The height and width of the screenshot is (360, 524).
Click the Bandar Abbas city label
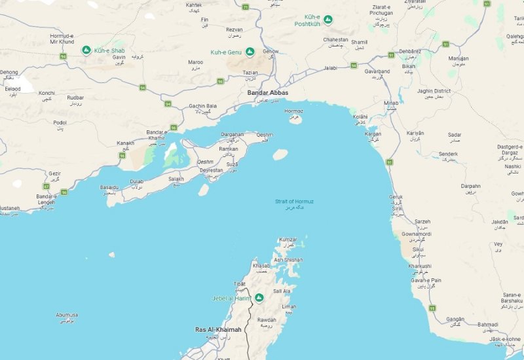tap(267, 93)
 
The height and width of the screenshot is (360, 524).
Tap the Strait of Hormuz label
tap(294, 201)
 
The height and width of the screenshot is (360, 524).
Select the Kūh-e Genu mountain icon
tap(249, 52)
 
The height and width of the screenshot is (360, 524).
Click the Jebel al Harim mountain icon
tap(259, 298)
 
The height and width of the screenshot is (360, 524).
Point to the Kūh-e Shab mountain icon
tap(86, 50)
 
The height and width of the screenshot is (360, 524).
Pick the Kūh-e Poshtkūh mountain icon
tap(328, 20)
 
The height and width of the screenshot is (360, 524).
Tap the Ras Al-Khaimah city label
tap(219, 329)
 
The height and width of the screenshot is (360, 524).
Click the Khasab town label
tap(261, 266)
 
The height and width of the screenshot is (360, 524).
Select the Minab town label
tap(391, 103)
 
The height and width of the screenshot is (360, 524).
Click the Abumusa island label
tap(67, 315)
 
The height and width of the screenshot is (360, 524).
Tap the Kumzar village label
tap(288, 240)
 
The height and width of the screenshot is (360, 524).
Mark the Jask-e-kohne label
tap(504, 338)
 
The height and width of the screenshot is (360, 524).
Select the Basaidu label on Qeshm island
tap(109, 187)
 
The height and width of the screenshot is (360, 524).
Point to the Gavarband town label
tap(377, 71)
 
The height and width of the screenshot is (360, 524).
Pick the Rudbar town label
tap(75, 98)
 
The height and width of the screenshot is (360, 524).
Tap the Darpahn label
tap(470, 186)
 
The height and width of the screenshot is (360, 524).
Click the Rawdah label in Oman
tap(267, 319)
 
